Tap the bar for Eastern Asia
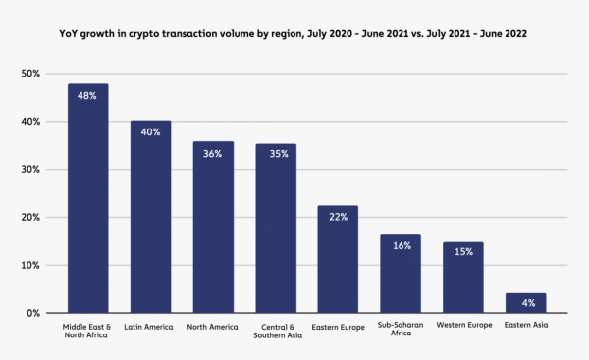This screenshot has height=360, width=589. pyautogui.click(x=525, y=303)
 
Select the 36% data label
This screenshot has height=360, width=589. pyautogui.click(x=213, y=155)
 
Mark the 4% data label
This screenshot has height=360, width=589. pyautogui.click(x=525, y=303)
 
